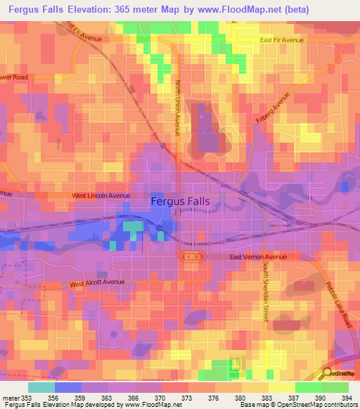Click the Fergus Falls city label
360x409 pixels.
pyautogui.click(x=181, y=201)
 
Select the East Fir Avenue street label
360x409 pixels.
pyautogui.click(x=281, y=41)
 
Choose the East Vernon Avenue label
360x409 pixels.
pyautogui.click(x=258, y=257)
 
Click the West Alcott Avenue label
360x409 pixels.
pyautogui.click(x=96, y=283)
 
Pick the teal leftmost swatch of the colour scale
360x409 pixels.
pyautogui.click(x=41, y=387)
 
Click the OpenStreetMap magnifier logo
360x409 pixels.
pyautogui.click(x=327, y=372)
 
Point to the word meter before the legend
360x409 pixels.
pyautogui.click(x=10, y=397)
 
